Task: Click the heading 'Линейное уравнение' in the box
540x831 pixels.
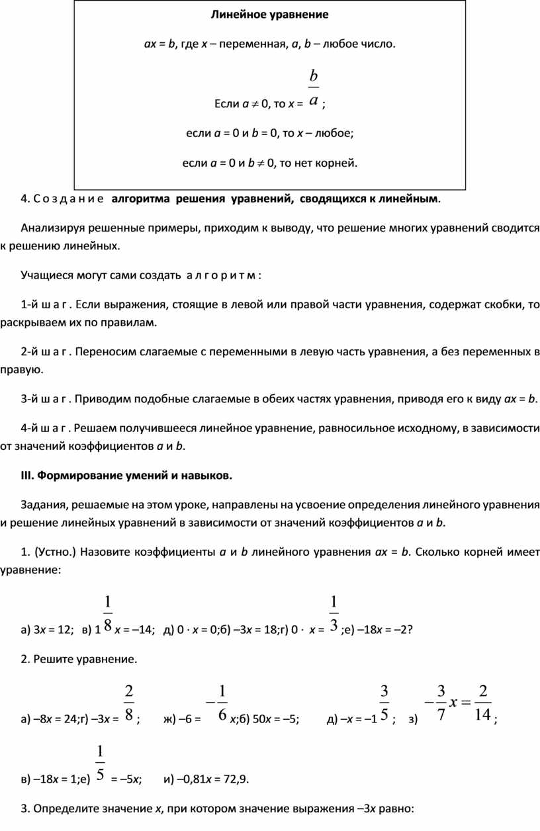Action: [269, 14]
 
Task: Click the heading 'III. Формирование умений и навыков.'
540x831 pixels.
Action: [126, 475]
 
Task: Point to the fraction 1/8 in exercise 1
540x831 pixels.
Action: [108, 613]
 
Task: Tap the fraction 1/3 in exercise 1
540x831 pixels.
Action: [334, 613]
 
